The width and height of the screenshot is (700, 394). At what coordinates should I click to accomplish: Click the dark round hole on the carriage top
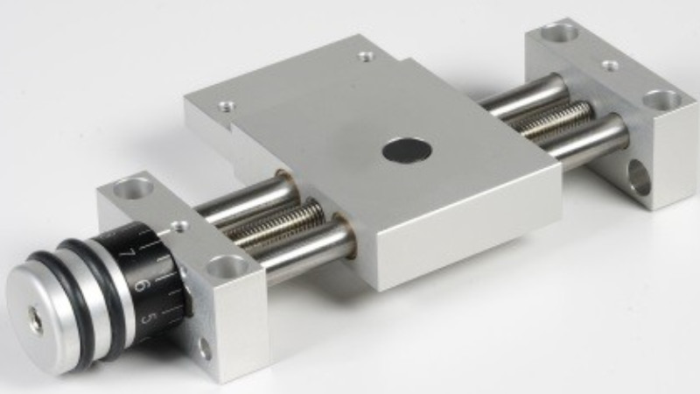tap(408, 150)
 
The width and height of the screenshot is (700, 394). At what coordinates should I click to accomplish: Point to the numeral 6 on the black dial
tap(139, 285)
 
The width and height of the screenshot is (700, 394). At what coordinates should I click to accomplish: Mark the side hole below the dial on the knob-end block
tap(205, 348)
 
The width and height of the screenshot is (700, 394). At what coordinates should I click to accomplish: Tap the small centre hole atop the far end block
tap(610, 65)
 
